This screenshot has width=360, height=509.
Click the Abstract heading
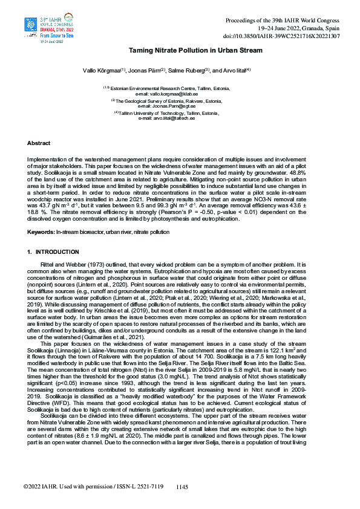click(x=39, y=143)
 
